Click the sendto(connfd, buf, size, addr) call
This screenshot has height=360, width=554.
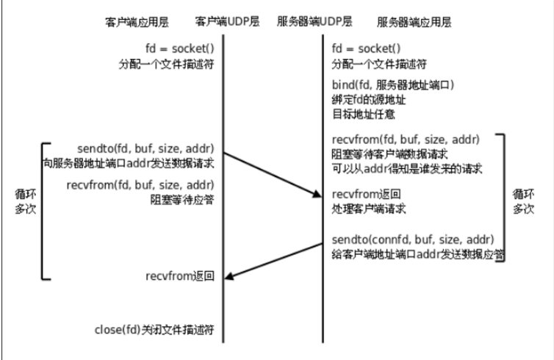tap(411, 241)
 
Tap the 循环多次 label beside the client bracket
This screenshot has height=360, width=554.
tap(25, 202)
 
